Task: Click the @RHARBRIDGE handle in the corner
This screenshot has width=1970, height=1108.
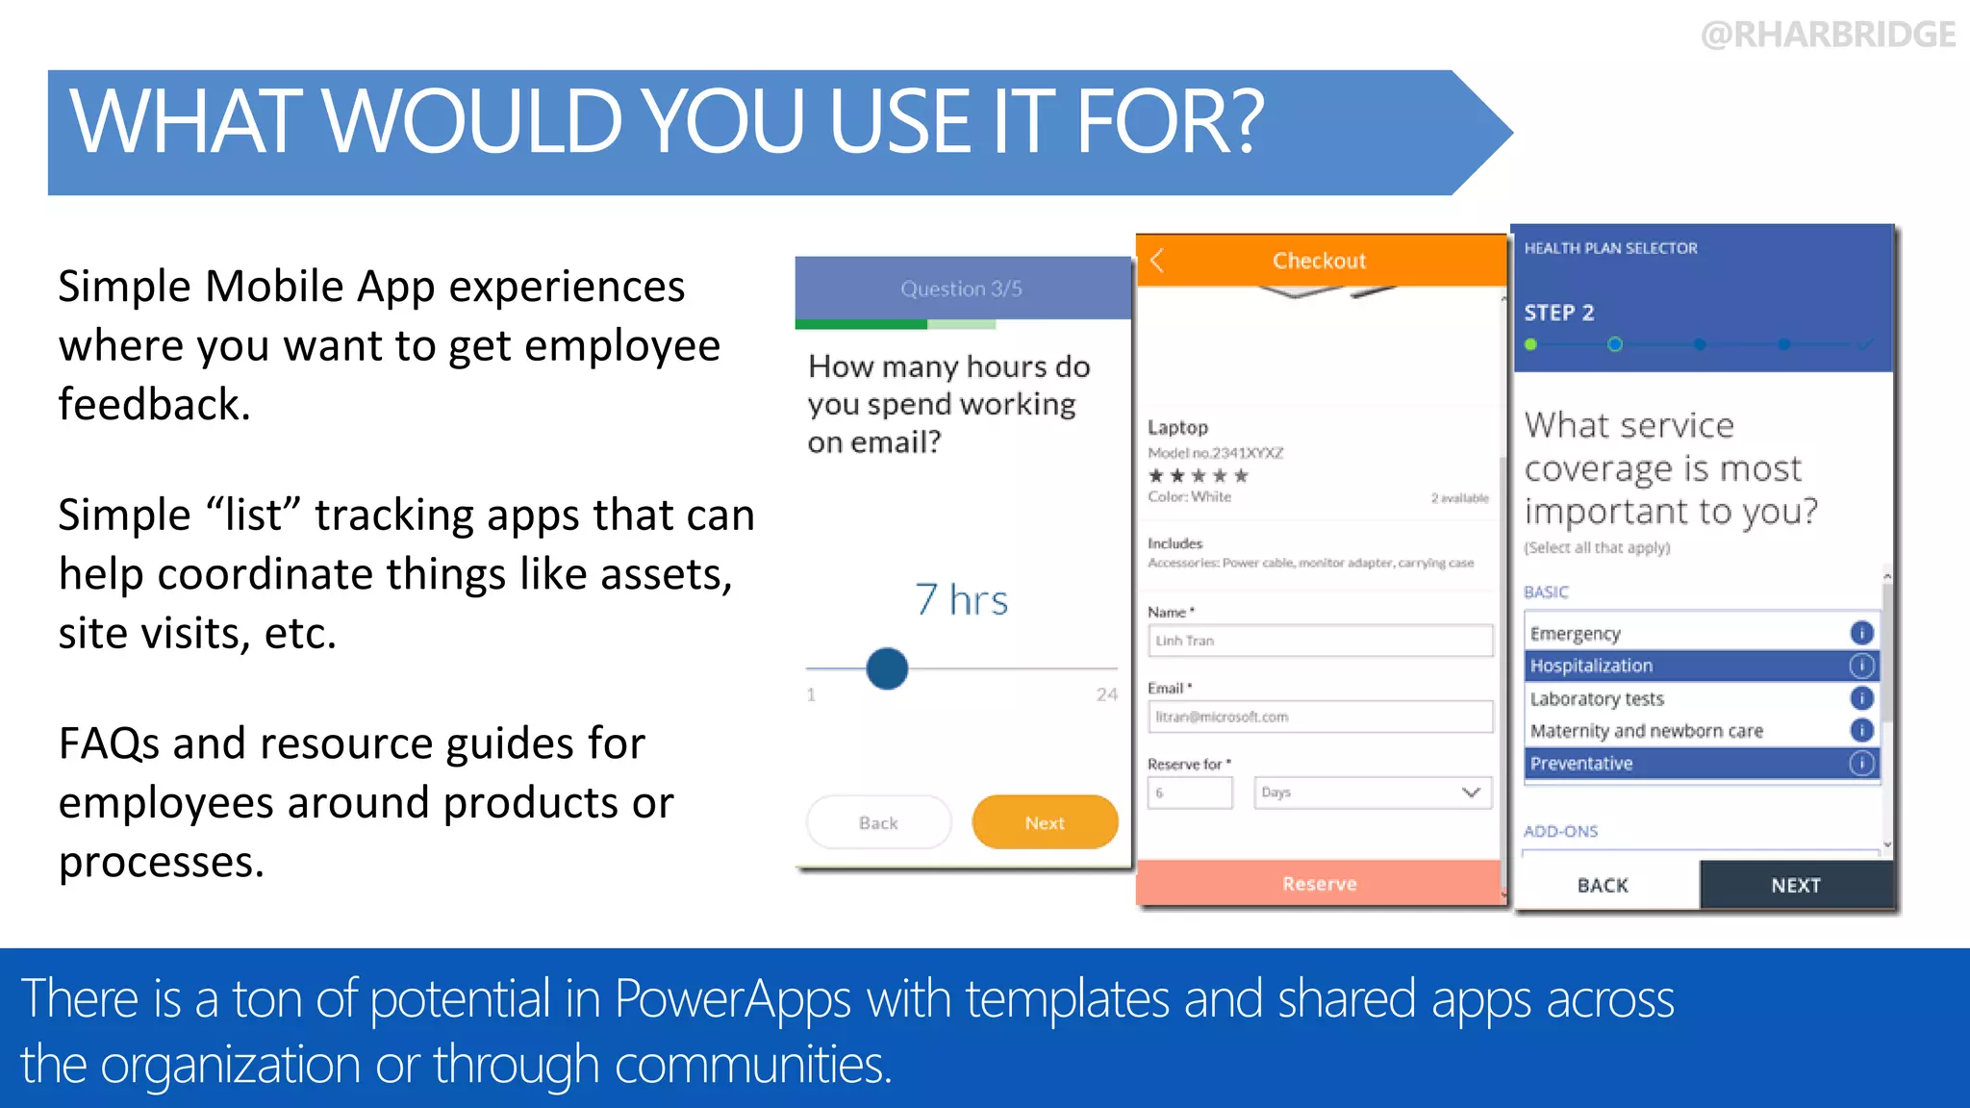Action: coord(1828,35)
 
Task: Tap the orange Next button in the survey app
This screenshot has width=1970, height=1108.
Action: coord(1045,822)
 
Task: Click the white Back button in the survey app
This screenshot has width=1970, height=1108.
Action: coord(878,822)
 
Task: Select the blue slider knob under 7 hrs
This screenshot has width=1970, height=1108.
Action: coord(887,668)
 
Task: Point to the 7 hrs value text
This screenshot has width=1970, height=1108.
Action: coord(961,600)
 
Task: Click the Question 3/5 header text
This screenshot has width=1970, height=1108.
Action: coord(961,289)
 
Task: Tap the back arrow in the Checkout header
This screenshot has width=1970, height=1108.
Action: coord(1157,261)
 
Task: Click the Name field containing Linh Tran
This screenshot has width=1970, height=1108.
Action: coord(1320,641)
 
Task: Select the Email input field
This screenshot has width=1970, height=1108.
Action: coord(1320,717)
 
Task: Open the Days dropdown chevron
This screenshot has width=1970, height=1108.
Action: coord(1470,793)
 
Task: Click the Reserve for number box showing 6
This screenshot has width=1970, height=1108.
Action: coord(1190,793)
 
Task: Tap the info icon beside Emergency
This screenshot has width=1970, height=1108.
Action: coord(1861,633)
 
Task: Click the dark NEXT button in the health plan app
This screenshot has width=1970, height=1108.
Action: coord(1796,885)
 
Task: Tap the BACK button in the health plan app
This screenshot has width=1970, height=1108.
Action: coord(1603,885)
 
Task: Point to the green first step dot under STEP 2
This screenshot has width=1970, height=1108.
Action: coord(1530,344)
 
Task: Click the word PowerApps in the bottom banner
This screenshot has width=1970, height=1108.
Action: coord(732,998)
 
